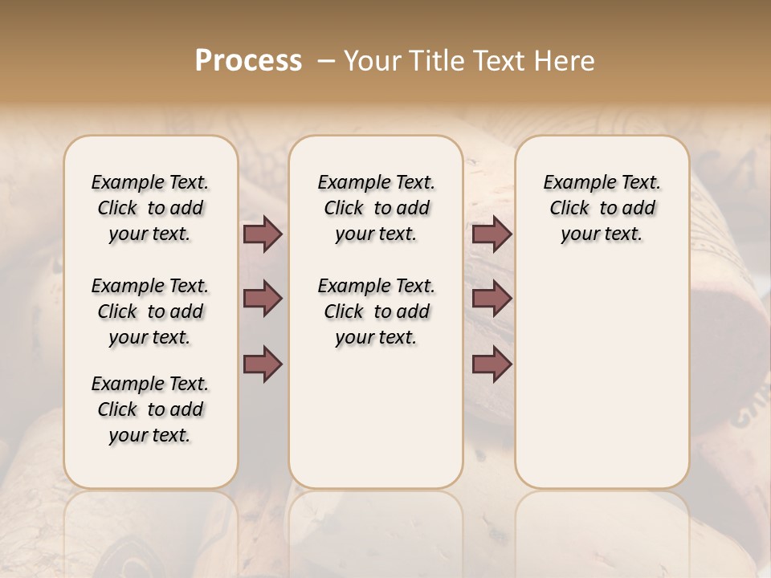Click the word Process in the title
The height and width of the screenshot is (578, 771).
click(x=248, y=61)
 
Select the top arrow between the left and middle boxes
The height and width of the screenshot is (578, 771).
click(x=263, y=234)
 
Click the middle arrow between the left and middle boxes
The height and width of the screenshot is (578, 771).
click(x=263, y=299)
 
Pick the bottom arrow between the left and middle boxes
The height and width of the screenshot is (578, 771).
click(x=263, y=364)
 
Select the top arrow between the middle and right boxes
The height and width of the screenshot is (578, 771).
click(x=492, y=234)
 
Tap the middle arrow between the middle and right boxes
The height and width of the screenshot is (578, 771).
click(x=492, y=299)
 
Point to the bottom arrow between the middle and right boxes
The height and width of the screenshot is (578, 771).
click(x=492, y=364)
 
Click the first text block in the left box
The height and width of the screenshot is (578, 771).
click(x=150, y=208)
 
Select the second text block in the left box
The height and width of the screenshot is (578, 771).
click(x=150, y=311)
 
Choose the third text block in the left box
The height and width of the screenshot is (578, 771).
click(x=150, y=409)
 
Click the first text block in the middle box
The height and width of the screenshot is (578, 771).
click(x=376, y=208)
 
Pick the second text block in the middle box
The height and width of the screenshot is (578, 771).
click(x=376, y=311)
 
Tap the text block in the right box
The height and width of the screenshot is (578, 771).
click(x=602, y=208)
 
